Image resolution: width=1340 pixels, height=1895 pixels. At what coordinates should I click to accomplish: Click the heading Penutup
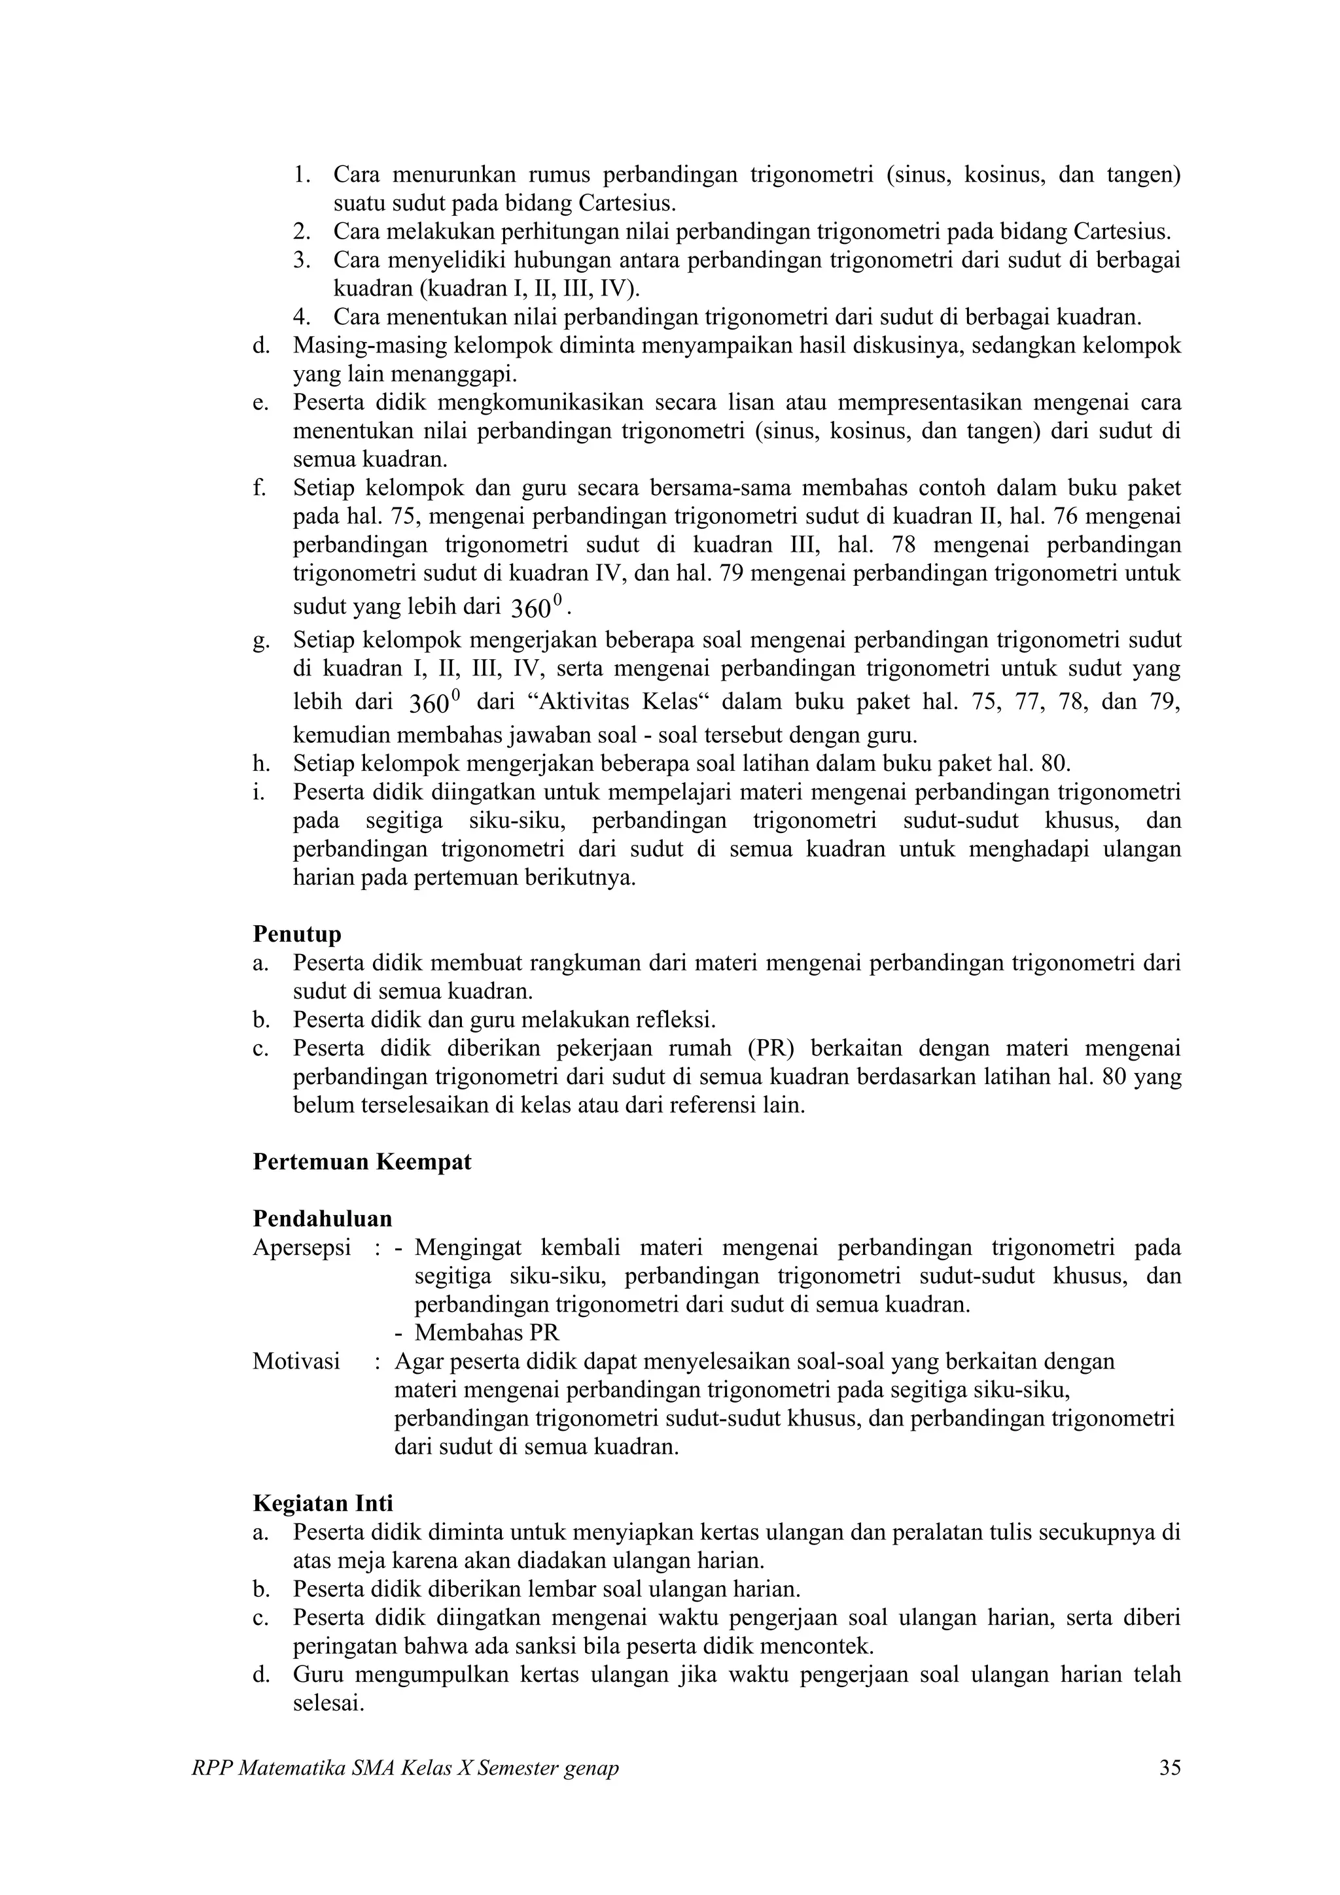(x=296, y=934)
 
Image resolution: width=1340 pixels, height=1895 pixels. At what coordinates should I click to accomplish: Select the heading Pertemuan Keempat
(x=362, y=1162)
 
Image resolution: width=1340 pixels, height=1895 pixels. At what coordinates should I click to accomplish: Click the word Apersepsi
(x=302, y=1247)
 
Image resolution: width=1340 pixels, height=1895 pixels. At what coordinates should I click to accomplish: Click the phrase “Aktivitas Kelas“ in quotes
(x=618, y=702)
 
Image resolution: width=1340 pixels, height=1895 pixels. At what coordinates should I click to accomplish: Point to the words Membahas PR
(x=486, y=1333)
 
